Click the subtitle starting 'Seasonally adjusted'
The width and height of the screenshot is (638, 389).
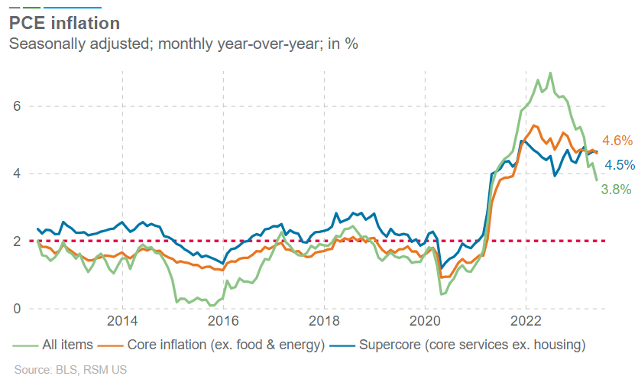pos(183,44)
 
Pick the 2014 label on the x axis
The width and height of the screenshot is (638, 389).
pos(122,319)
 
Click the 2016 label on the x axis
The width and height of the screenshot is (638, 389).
pos(223,319)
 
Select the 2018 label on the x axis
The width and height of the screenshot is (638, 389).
pos(324,319)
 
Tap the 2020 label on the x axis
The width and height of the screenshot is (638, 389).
pos(425,319)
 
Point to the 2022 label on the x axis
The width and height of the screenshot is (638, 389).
pos(526,319)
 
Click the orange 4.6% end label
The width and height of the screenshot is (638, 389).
pos(617,141)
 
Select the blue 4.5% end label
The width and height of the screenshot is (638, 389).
pos(619,165)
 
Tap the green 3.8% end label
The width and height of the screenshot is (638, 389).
pos(616,189)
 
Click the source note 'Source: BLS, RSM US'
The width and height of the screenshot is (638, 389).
pos(70,370)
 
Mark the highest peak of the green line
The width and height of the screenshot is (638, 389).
pos(551,73)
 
